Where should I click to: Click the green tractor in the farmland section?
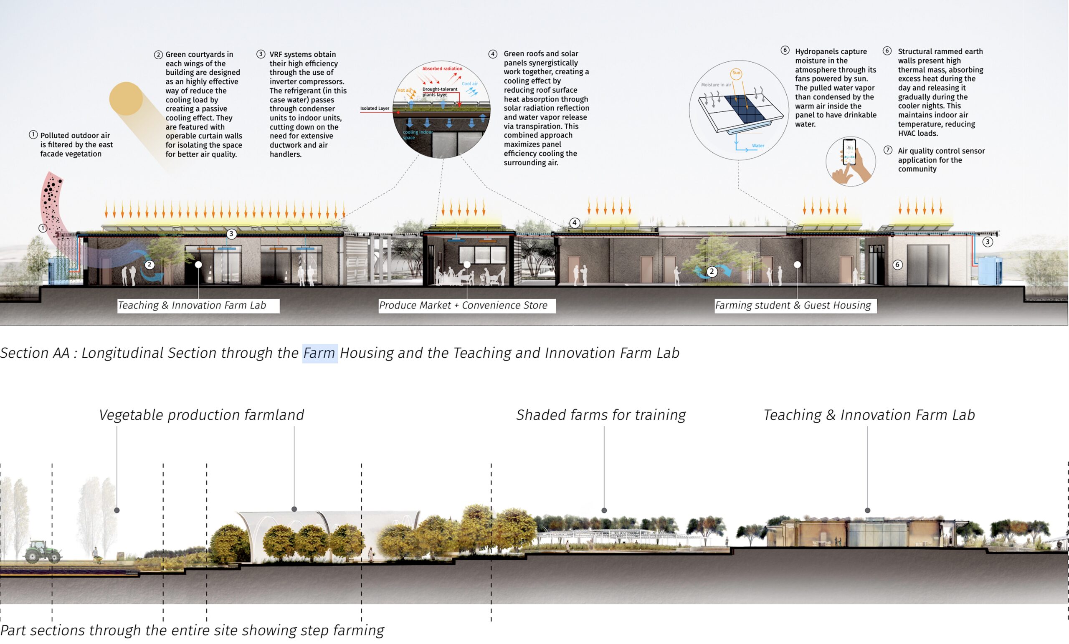click(x=42, y=552)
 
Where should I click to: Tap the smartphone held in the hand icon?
click(x=849, y=152)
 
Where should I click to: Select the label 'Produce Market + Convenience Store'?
click(x=464, y=305)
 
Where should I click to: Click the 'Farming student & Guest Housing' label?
click(x=793, y=305)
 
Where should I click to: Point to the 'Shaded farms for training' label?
click(x=601, y=415)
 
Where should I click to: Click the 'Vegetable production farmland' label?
click(x=201, y=415)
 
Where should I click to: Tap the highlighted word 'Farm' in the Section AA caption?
click(x=319, y=353)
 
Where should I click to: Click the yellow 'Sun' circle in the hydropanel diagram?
click(x=736, y=73)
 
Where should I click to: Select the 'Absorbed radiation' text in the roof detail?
click(x=442, y=68)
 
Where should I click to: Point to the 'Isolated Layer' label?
click(x=375, y=109)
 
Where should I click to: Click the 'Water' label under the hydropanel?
click(x=758, y=146)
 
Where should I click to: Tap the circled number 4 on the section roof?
click(x=575, y=223)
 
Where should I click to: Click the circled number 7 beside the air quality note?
click(x=888, y=150)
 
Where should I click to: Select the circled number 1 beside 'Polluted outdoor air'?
click(x=33, y=135)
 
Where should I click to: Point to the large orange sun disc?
click(x=126, y=98)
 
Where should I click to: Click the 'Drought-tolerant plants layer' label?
click(x=439, y=92)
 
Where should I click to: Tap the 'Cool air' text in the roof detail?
click(x=469, y=84)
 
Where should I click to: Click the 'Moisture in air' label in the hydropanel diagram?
click(x=716, y=85)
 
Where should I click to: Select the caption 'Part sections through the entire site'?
click(x=192, y=630)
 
